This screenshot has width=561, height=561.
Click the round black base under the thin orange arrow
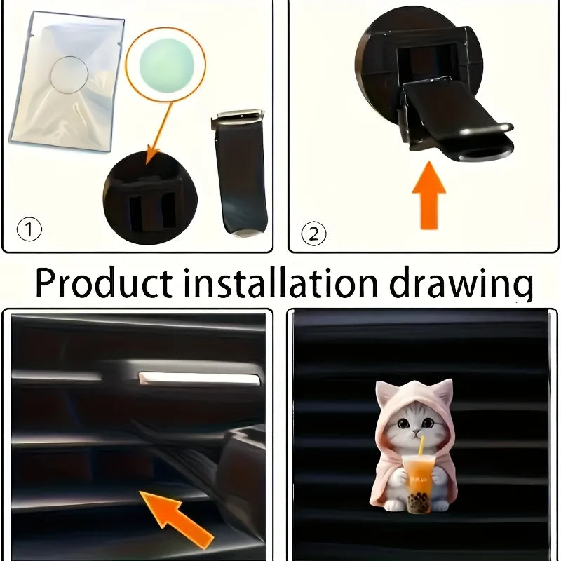click(x=149, y=200)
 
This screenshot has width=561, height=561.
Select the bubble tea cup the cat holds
click(x=419, y=476)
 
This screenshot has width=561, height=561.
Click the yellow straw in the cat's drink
click(x=421, y=447)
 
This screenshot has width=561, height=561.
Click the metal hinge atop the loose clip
click(x=239, y=117)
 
